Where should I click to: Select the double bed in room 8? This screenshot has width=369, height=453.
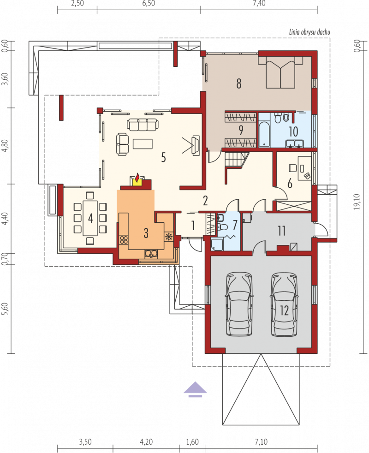[280, 72]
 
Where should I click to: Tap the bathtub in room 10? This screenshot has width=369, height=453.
[264, 134]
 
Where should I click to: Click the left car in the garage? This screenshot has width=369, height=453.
[239, 304]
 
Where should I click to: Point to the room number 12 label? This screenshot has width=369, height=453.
[284, 310]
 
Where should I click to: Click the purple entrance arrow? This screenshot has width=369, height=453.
[195, 389]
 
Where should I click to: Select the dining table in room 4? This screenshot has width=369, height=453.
[90, 218]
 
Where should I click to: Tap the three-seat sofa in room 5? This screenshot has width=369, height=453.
[143, 125]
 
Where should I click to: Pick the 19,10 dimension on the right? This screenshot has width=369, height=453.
[358, 202]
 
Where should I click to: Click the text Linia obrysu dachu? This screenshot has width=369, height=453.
[309, 32]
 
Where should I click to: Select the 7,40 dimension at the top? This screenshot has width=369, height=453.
[259, 4]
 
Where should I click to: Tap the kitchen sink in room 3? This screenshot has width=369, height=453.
[151, 253]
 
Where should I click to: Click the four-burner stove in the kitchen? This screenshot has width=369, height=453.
[124, 239]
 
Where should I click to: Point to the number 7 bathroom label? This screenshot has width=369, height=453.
[235, 225]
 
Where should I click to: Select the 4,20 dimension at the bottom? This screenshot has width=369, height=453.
[146, 442]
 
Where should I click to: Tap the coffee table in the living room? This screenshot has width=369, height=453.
[143, 144]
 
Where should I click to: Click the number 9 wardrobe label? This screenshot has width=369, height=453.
[241, 130]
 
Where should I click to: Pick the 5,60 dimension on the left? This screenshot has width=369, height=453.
[4, 309]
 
